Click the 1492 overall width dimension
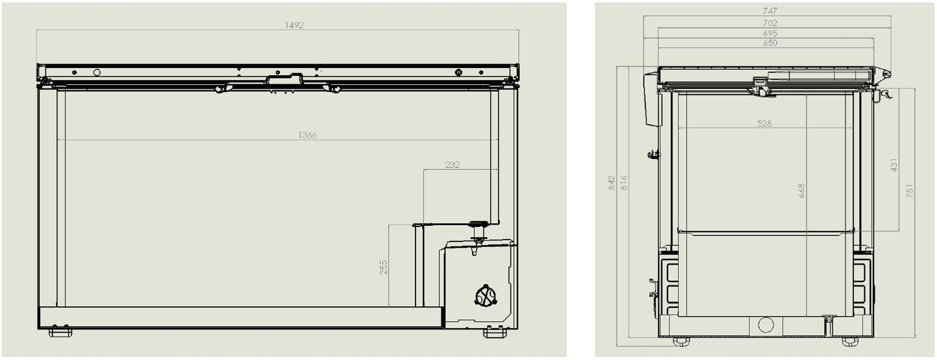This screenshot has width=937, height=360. [294, 25]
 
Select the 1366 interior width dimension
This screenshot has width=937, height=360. [307, 135]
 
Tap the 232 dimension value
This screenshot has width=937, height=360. [453, 165]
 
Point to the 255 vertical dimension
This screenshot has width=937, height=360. [383, 267]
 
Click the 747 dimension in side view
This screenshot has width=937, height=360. [770, 11]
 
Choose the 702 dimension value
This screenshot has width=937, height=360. [770, 23]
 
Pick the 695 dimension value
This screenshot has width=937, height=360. [770, 33]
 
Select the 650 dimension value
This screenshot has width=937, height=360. [770, 43]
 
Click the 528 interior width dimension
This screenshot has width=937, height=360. [765, 123]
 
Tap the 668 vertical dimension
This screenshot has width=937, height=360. [801, 190]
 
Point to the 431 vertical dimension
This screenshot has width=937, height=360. [894, 165]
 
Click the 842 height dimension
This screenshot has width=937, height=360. [611, 183]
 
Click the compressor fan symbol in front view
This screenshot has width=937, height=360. [485, 296]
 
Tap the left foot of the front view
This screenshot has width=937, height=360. [60, 333]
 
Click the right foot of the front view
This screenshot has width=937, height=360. [495, 333]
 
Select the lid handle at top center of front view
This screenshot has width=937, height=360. [284, 80]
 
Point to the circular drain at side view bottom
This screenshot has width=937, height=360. [766, 324]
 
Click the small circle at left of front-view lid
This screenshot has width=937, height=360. [97, 72]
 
